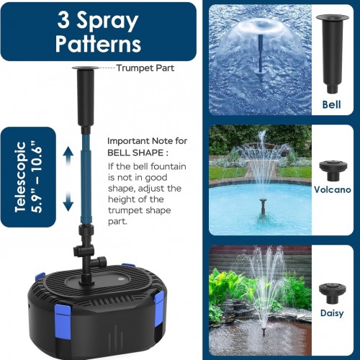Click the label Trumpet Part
coord(145,68)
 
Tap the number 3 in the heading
coord(63,20)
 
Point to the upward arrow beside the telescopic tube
coord(68,156)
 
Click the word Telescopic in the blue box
coord(20,177)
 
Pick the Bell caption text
coord(331,104)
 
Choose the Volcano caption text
coord(333,189)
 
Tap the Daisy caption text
coord(332,313)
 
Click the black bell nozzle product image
coord(332,54)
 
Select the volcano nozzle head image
coord(333,171)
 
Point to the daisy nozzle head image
coord(333,294)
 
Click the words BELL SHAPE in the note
coord(135,153)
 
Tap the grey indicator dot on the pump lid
coord(121,279)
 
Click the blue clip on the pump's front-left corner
coord(63,320)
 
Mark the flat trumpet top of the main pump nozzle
coord(86,68)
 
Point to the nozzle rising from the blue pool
coord(264,207)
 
